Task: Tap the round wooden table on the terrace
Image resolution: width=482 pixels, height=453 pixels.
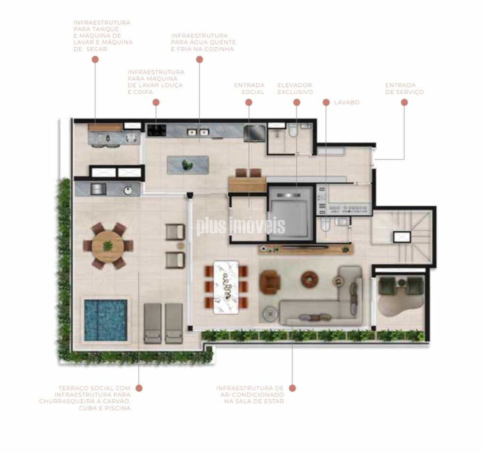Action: [108, 246]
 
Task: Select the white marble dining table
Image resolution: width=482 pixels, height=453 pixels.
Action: [226, 287]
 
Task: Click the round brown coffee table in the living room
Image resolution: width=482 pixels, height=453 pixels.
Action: [310, 279]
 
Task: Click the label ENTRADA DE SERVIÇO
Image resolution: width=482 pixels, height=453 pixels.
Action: [404, 89]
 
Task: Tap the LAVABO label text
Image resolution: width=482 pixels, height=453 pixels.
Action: [347, 102]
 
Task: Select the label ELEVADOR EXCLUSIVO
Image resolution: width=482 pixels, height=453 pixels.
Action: [295, 89]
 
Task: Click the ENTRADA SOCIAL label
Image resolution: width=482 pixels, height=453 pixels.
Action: [249, 89]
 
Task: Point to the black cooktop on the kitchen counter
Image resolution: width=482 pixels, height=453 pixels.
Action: [156, 130]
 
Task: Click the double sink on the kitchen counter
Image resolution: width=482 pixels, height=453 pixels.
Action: [198, 132]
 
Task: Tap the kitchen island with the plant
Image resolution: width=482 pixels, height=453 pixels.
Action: [188, 165]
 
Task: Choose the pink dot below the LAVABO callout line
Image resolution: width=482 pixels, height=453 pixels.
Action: [326, 102]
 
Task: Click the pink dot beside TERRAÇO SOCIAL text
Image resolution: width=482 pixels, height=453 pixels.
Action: [139, 388]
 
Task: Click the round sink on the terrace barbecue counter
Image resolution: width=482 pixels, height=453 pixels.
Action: [128, 190]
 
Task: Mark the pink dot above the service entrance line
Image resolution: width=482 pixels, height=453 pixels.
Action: [404, 102]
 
